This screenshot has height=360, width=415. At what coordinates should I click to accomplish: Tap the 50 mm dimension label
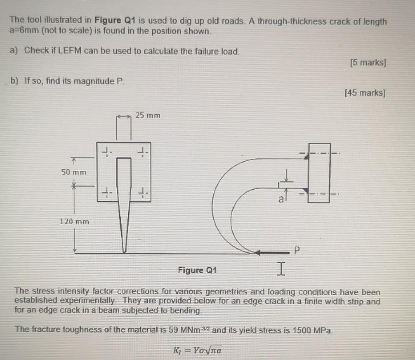[x=74, y=172]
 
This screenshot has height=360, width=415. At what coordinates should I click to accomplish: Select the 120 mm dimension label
[x=74, y=221]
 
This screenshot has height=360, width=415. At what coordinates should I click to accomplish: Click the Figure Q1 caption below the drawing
[x=197, y=271]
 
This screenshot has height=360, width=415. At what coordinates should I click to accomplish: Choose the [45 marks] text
[x=365, y=93]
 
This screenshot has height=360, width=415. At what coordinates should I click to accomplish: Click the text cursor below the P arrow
[x=280, y=270]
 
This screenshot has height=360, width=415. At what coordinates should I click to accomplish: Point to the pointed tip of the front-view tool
[x=123, y=251]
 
